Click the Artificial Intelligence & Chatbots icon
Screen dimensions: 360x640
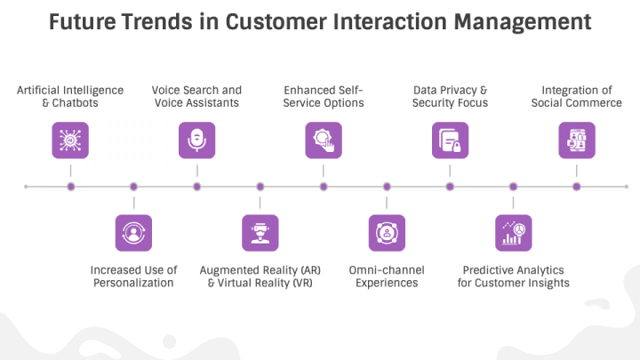[70, 140]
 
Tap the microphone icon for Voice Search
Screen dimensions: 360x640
[196, 140]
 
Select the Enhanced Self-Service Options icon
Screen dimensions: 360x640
[324, 140]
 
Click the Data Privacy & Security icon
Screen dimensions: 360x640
[450, 140]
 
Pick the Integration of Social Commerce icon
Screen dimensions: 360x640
[576, 140]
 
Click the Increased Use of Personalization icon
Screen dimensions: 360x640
[133, 233]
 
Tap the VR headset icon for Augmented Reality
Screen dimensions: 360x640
[260, 233]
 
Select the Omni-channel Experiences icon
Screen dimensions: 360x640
[387, 233]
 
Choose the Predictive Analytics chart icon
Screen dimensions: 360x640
[513, 233]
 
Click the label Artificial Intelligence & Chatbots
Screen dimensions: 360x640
[70, 96]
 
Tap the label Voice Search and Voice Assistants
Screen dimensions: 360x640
[196, 96]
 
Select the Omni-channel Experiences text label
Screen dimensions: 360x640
[387, 276]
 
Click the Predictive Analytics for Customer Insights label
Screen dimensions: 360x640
[513, 276]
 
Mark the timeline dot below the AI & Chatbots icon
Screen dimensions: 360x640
[70, 187]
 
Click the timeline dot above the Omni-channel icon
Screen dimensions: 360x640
[387, 187]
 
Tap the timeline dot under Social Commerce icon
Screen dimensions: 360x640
[576, 187]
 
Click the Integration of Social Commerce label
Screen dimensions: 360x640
[576, 96]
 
